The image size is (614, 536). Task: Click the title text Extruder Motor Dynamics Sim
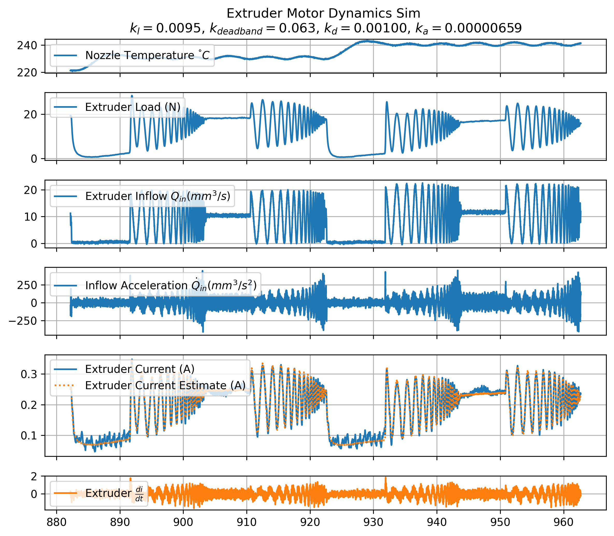(323, 13)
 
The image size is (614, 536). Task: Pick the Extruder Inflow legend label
(158, 196)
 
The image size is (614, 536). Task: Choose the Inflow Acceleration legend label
(171, 285)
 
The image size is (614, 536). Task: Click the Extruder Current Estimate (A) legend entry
(165, 386)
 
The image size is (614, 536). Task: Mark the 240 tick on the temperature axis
(27, 46)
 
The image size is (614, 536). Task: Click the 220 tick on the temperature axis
(27, 73)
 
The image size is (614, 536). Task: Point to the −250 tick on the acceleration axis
(23, 321)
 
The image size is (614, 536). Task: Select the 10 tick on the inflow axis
(31, 217)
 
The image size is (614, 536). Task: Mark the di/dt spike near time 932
(385, 479)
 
